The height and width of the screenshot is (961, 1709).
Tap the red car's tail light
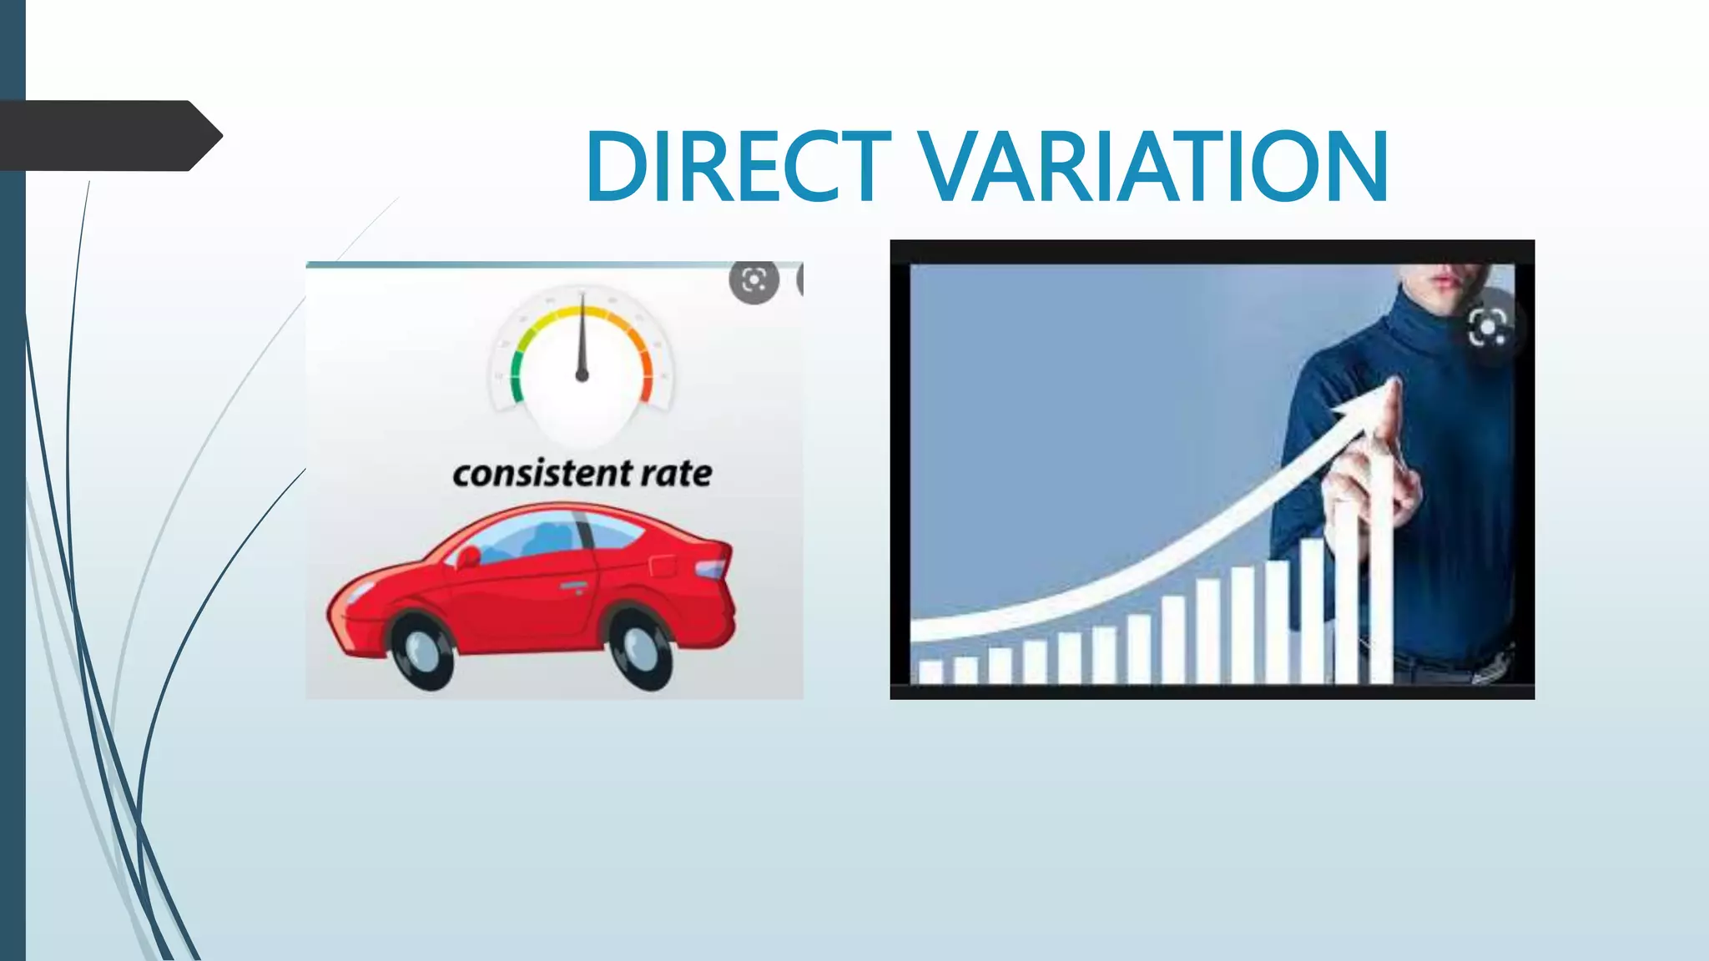(x=710, y=570)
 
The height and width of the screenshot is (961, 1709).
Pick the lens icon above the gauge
(x=754, y=280)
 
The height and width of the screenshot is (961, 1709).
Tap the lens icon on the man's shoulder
(x=1487, y=326)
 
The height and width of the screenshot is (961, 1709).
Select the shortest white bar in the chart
(x=930, y=672)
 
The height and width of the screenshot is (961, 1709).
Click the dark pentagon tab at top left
(x=108, y=135)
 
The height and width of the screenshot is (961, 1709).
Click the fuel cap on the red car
(x=662, y=564)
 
